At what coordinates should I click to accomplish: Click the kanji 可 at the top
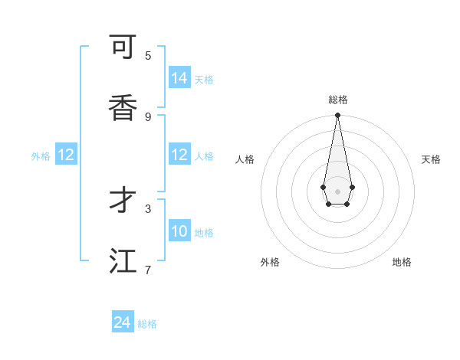(x=123, y=48)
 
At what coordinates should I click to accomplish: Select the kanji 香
(x=123, y=109)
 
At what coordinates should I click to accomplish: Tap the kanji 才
(x=123, y=201)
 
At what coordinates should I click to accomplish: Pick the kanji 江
(x=123, y=261)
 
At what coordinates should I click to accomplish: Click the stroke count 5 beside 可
(x=148, y=55)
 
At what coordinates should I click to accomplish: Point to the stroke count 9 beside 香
(x=148, y=116)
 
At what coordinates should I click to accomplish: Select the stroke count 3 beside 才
(x=148, y=208)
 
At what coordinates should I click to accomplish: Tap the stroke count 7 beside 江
(x=148, y=269)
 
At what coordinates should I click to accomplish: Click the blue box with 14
(x=179, y=78)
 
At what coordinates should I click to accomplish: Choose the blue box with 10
(x=179, y=231)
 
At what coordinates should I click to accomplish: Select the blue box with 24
(x=123, y=322)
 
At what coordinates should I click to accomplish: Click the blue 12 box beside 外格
(x=66, y=155)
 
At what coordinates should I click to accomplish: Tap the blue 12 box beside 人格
(x=179, y=155)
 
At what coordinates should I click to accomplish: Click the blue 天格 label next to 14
(x=204, y=80)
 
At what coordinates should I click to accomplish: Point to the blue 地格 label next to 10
(x=204, y=233)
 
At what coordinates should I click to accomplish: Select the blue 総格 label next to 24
(x=147, y=324)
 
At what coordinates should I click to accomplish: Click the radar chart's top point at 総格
(x=337, y=116)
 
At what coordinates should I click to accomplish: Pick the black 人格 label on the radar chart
(x=245, y=159)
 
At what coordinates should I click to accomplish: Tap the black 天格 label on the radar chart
(x=431, y=159)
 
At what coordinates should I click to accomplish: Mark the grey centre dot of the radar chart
(x=337, y=191)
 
